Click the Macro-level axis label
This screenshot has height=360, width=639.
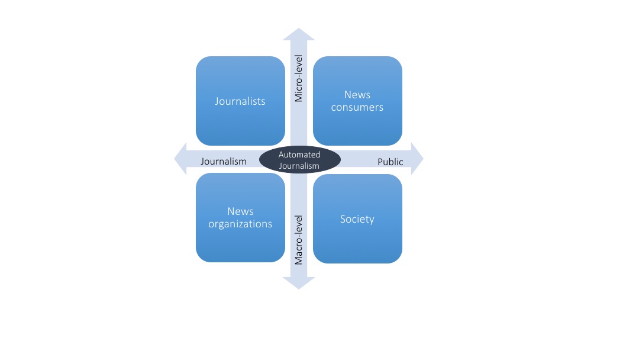[x=299, y=239]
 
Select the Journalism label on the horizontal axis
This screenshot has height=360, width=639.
[x=224, y=162]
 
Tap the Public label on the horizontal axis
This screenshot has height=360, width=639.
[x=390, y=162]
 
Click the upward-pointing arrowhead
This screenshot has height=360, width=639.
[x=299, y=34]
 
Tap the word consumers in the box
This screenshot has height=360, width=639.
[x=357, y=107]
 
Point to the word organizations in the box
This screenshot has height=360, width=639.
[x=240, y=224]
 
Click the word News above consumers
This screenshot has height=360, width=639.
[x=357, y=95]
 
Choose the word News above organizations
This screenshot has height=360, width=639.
[x=240, y=211]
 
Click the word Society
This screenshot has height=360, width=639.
[x=357, y=219]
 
